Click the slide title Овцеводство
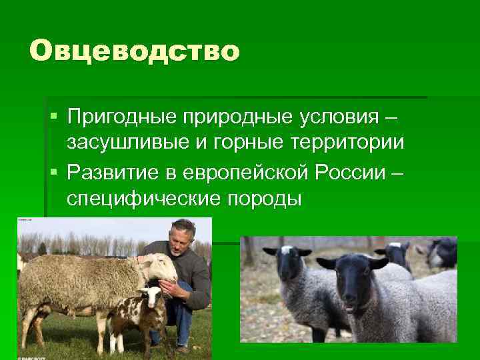point(133,51)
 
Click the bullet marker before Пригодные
point(54,117)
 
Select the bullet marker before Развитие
point(54,173)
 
